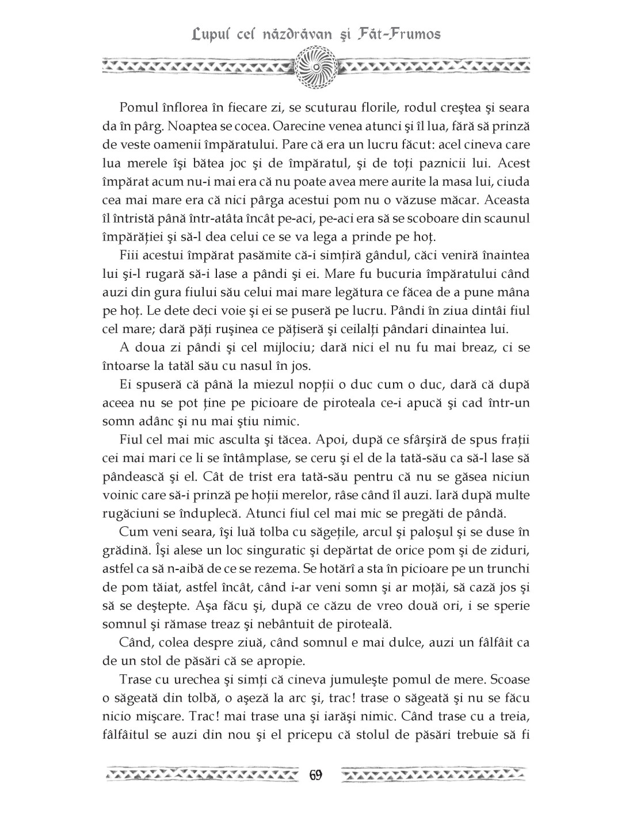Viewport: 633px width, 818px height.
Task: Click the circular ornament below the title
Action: [316, 68]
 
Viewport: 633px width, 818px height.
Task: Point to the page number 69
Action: [315, 774]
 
